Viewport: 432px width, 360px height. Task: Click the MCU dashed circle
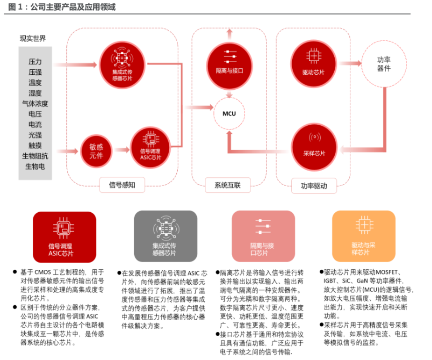[229, 114]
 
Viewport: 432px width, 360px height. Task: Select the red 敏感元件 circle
[97, 150]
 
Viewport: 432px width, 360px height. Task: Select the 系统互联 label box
[228, 185]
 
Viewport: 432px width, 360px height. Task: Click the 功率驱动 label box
[314, 186]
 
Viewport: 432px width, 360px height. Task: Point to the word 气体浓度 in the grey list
[35, 103]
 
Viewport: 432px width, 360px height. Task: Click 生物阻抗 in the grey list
[35, 156]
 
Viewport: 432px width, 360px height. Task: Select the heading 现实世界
[33, 38]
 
